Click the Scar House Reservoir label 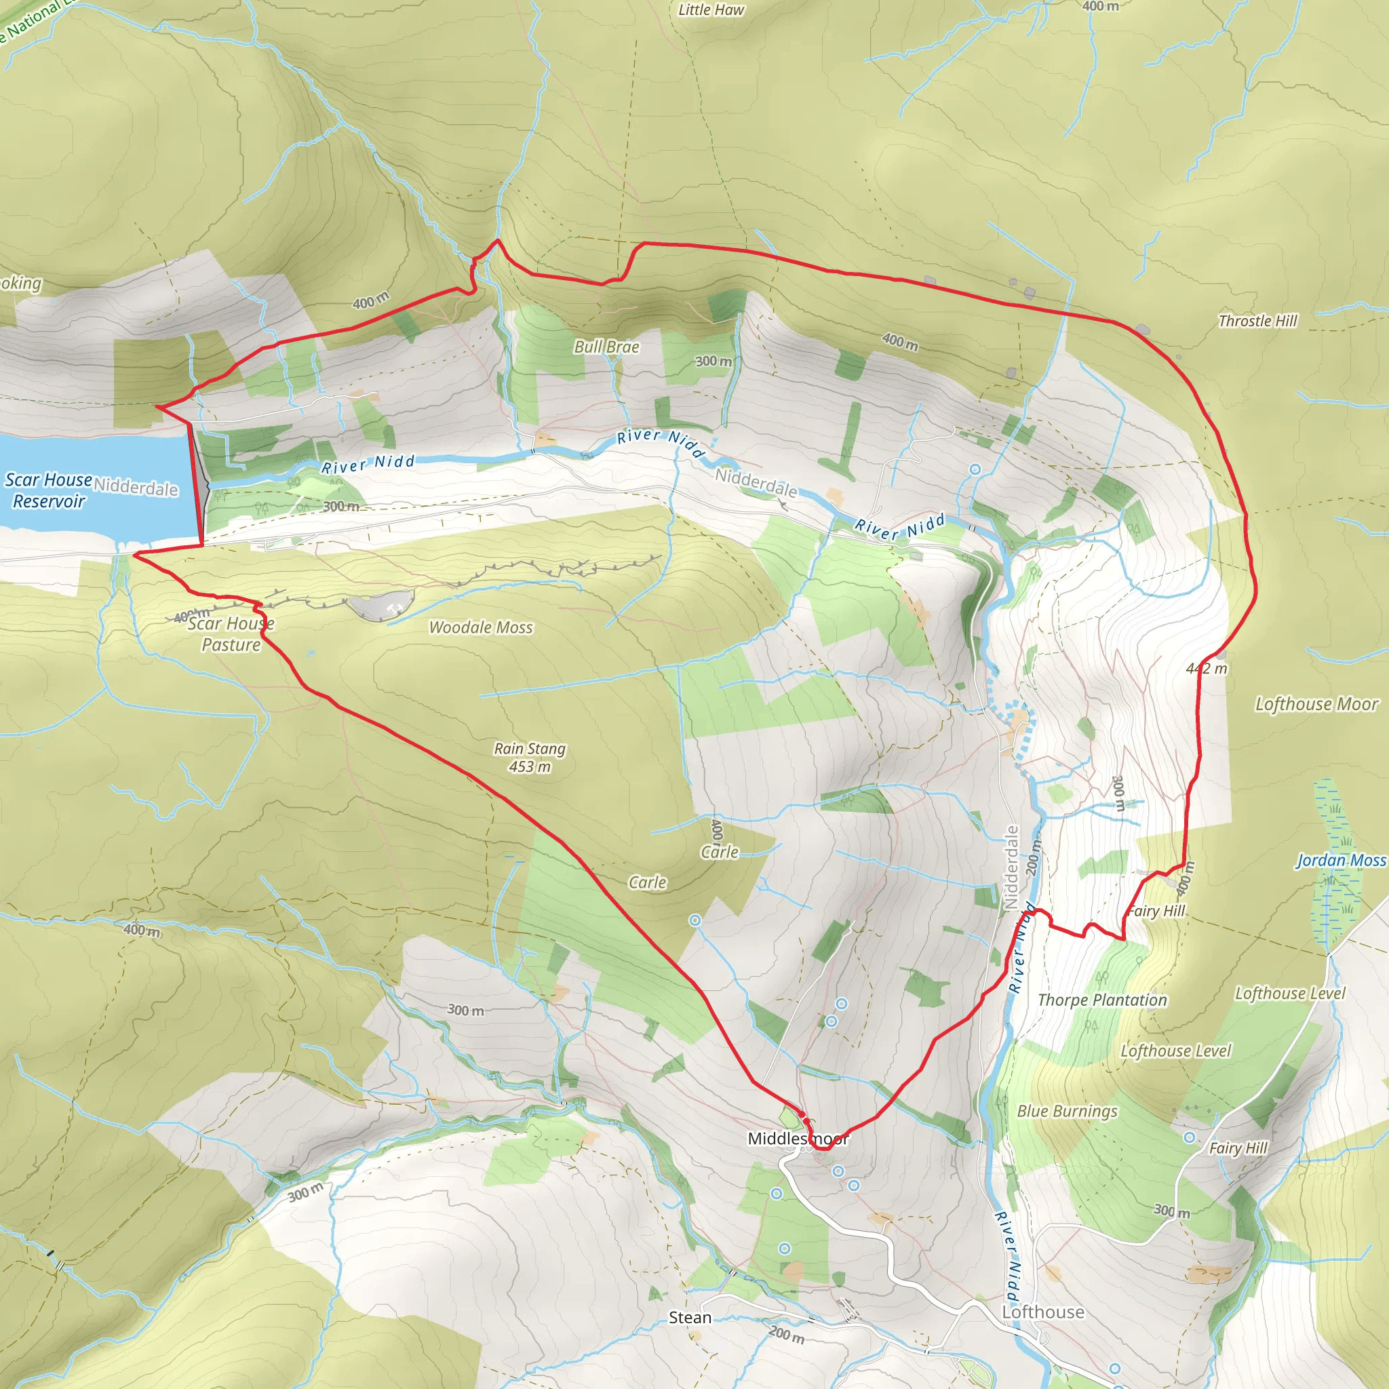coord(48,490)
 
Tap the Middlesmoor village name coord(798,1138)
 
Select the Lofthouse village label coord(1042,1312)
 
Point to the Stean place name coord(690,1317)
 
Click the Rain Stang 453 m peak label coord(530,757)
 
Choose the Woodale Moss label coord(480,627)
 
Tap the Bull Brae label coord(606,347)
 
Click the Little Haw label coord(710,10)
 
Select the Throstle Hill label coord(1257,321)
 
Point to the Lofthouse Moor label coord(1316,704)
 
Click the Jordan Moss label coord(1341,860)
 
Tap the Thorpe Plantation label coord(1102,1000)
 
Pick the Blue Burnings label coord(1067,1111)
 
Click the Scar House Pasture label coord(231,633)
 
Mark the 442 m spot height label coord(1207,669)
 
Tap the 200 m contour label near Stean coord(787,1334)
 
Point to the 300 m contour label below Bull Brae coord(713,361)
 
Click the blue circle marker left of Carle coord(694,920)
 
